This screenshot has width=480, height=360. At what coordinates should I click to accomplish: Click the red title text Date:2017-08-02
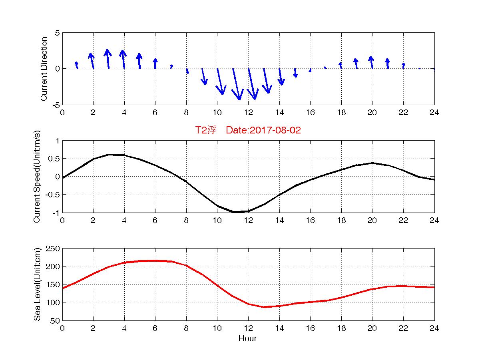pos(263,130)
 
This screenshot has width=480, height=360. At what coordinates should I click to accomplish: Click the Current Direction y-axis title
pos(44,69)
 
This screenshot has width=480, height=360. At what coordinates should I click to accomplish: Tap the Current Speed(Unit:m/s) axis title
pos(37,177)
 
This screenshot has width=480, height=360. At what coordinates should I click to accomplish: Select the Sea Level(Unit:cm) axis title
pos(37,284)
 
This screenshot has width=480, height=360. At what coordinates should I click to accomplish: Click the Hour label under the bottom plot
pos(247,339)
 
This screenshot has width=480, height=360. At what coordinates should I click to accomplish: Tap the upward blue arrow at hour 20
pos(371,62)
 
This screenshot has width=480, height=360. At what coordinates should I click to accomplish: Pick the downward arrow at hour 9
pos(203,76)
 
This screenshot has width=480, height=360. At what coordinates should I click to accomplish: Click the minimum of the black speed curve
pos(235,212)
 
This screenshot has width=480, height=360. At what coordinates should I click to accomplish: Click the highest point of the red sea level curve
pos(155,261)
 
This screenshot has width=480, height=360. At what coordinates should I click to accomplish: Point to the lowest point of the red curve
pos(264,307)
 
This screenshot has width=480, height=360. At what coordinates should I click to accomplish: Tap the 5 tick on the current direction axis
pos(57,33)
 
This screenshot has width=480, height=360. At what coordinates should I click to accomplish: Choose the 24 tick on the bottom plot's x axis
pos(434,328)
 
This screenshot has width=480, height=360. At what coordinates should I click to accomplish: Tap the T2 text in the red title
pos(200,130)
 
